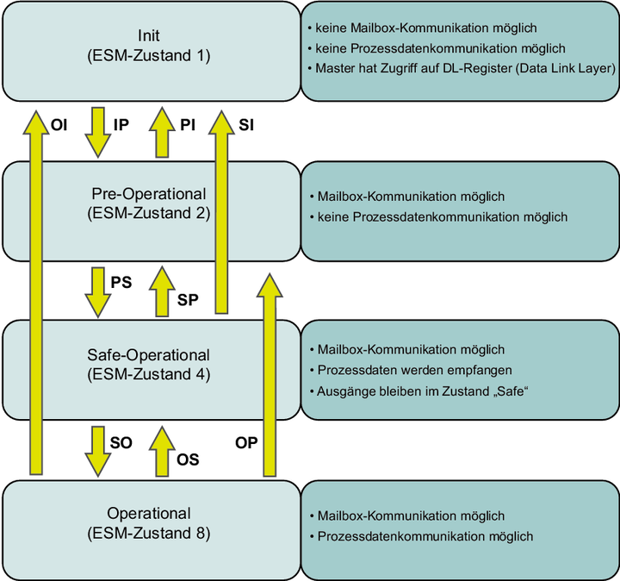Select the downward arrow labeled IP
point(95,130)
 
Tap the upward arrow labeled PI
point(160,130)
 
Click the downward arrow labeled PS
point(95,291)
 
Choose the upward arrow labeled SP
point(160,291)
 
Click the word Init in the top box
point(149,36)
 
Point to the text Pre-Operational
point(149,193)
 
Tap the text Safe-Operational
point(149,355)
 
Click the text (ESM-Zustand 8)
point(149,534)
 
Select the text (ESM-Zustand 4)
point(149,374)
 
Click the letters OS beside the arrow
point(188,459)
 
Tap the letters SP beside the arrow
point(189,300)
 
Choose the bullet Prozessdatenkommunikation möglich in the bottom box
point(425,536)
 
